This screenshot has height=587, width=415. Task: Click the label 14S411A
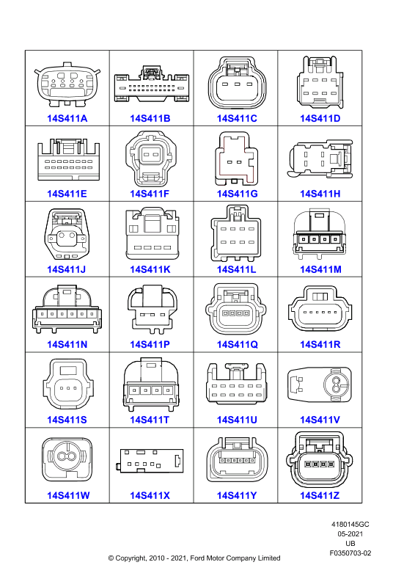click(67, 118)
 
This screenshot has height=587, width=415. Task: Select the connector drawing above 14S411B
click(152, 84)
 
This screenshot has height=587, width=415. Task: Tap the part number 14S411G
click(238, 194)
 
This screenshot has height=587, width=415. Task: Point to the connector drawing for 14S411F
click(151, 158)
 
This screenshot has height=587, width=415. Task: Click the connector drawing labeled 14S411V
click(320, 384)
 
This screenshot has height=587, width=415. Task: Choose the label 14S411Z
click(320, 495)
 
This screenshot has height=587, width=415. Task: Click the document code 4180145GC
click(350, 525)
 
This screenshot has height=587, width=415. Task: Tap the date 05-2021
click(350, 534)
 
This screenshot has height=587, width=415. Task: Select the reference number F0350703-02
click(350, 553)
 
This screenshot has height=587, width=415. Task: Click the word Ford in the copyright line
click(198, 558)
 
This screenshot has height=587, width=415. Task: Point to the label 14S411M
click(320, 269)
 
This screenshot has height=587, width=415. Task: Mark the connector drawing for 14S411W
click(67, 460)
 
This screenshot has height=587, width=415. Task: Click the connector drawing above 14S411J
click(67, 234)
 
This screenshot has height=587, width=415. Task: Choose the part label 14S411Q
click(238, 344)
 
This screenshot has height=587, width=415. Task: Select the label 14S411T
click(150, 420)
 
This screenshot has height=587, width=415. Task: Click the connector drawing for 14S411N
click(67, 309)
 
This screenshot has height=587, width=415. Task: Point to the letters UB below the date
click(350, 543)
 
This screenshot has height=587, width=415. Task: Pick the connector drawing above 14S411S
click(68, 384)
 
